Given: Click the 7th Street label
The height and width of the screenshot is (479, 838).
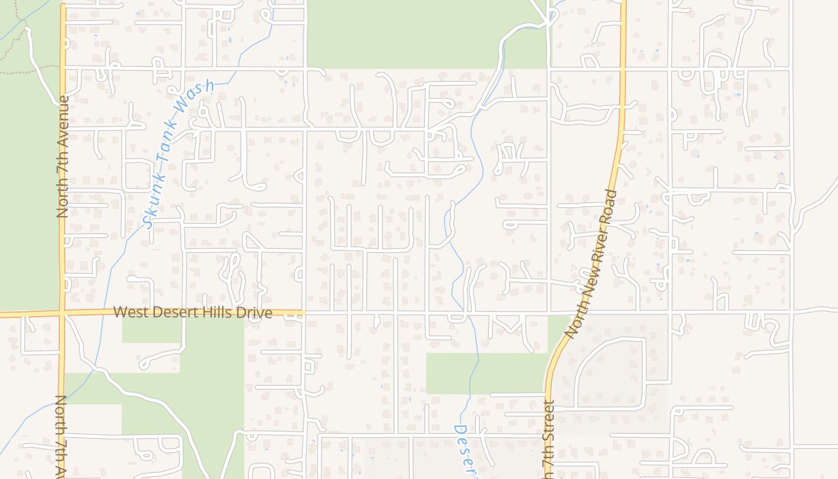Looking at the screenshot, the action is [x=549, y=440].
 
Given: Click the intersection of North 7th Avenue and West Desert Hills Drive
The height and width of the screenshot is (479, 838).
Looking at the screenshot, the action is [x=62, y=313].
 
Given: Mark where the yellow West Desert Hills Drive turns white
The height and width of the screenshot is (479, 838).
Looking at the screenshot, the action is [x=304, y=313].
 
